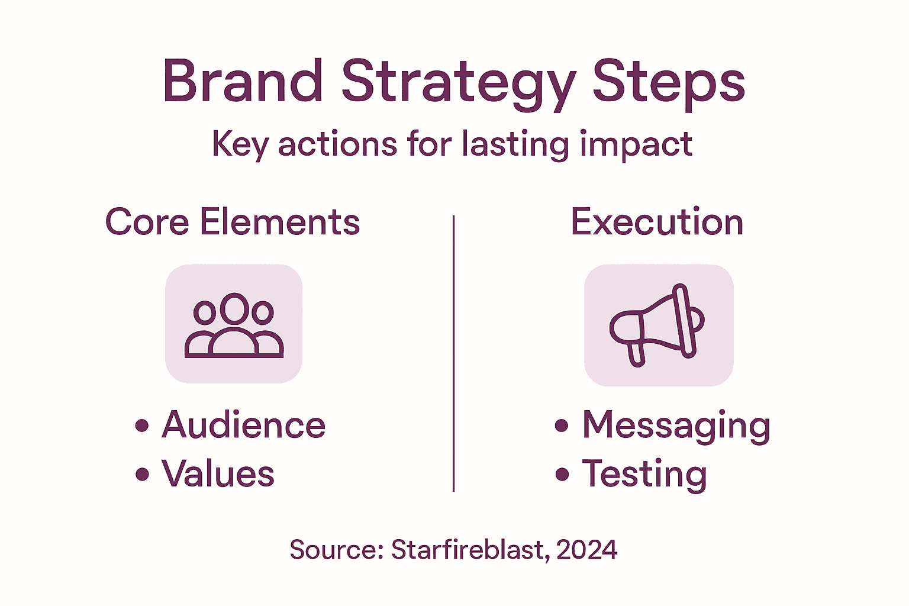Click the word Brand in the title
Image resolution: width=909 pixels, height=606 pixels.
tap(243, 81)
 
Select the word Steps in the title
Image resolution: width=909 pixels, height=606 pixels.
tap(668, 83)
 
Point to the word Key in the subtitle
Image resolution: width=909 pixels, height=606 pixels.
tap(240, 144)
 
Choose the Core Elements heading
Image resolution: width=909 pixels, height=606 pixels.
tap(233, 222)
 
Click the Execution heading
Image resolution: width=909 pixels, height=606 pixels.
tap(657, 222)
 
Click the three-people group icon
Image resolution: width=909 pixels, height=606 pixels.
tap(234, 325)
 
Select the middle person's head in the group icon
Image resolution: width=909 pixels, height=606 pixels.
tap(234, 308)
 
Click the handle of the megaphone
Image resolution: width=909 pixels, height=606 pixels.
tap(636, 354)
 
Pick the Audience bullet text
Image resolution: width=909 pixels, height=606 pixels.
tap(243, 425)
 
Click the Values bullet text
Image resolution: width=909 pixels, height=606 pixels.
tap(218, 474)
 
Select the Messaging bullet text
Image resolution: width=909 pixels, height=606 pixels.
tap(676, 425)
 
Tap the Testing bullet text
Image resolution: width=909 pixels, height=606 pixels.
tap(644, 474)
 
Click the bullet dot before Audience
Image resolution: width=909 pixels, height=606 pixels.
tap(142, 426)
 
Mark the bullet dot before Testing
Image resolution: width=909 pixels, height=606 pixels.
tap(562, 474)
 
